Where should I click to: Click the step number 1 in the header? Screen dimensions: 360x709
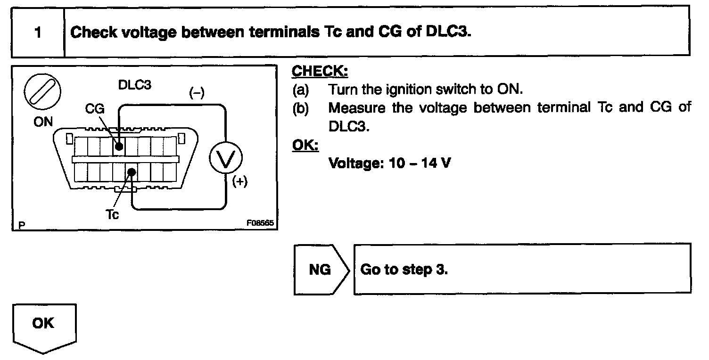pos(37,33)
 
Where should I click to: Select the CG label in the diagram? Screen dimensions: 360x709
pos(95,109)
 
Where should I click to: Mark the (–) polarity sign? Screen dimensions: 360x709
pos(196,93)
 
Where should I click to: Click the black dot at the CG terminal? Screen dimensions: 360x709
pos(119,147)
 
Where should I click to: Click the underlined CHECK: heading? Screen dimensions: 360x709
pos(320,72)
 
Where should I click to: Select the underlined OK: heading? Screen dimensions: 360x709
pos(305,145)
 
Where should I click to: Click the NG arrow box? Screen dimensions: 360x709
pos(321,270)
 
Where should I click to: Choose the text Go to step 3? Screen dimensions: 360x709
pos(404,270)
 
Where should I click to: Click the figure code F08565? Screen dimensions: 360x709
pos(260,223)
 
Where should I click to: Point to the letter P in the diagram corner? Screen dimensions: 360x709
pos(21,225)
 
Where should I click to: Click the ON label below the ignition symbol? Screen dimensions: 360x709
pos(43,122)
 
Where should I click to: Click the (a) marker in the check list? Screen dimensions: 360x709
pos(300,89)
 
